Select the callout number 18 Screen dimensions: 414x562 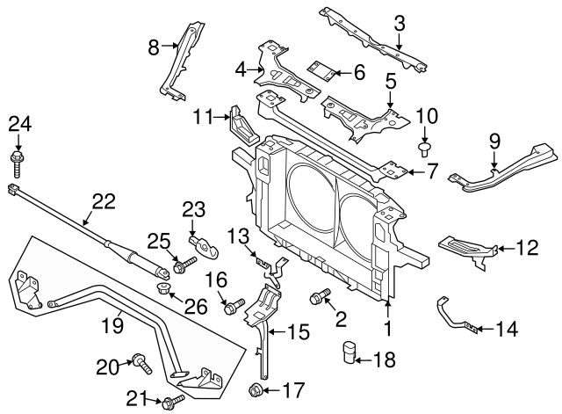[385, 359]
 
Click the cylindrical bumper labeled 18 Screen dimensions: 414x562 [349, 352]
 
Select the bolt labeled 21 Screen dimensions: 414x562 [171, 403]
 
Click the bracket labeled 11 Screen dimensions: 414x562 [241, 127]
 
